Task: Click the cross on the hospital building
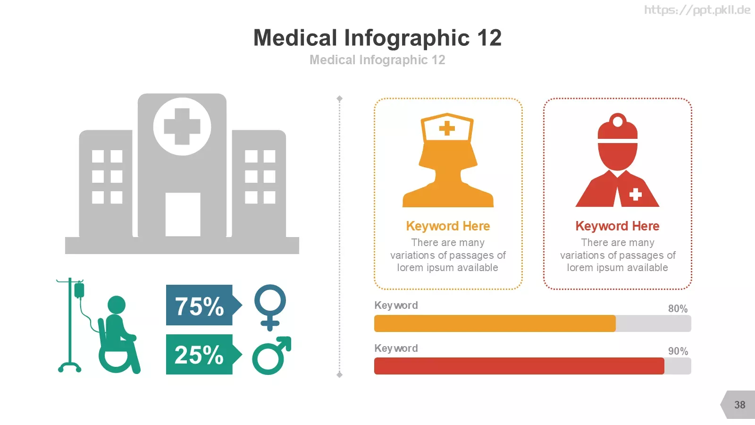pos(182,127)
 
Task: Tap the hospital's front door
pos(183,214)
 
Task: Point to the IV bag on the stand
pos(79,290)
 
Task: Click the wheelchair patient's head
pos(117,305)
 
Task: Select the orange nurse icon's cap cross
pos(447,128)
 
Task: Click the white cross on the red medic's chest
pos(635,194)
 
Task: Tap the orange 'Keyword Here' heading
pos(448,226)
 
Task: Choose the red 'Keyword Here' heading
pos(617,226)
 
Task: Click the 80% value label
pos(678,309)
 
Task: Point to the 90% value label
pos(678,351)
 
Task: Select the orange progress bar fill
pos(495,323)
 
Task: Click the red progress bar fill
pos(519,366)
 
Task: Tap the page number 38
pos(740,405)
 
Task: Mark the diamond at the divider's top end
pos(339,99)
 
